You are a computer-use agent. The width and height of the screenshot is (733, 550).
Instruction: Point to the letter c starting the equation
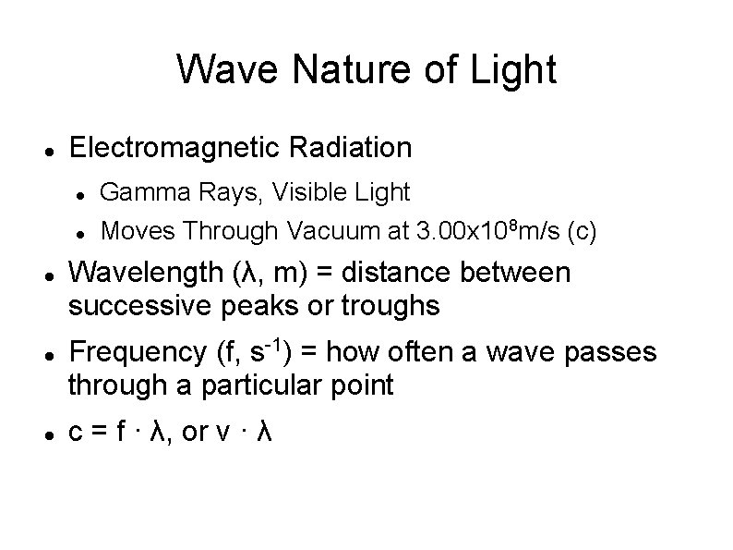tap(77, 434)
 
